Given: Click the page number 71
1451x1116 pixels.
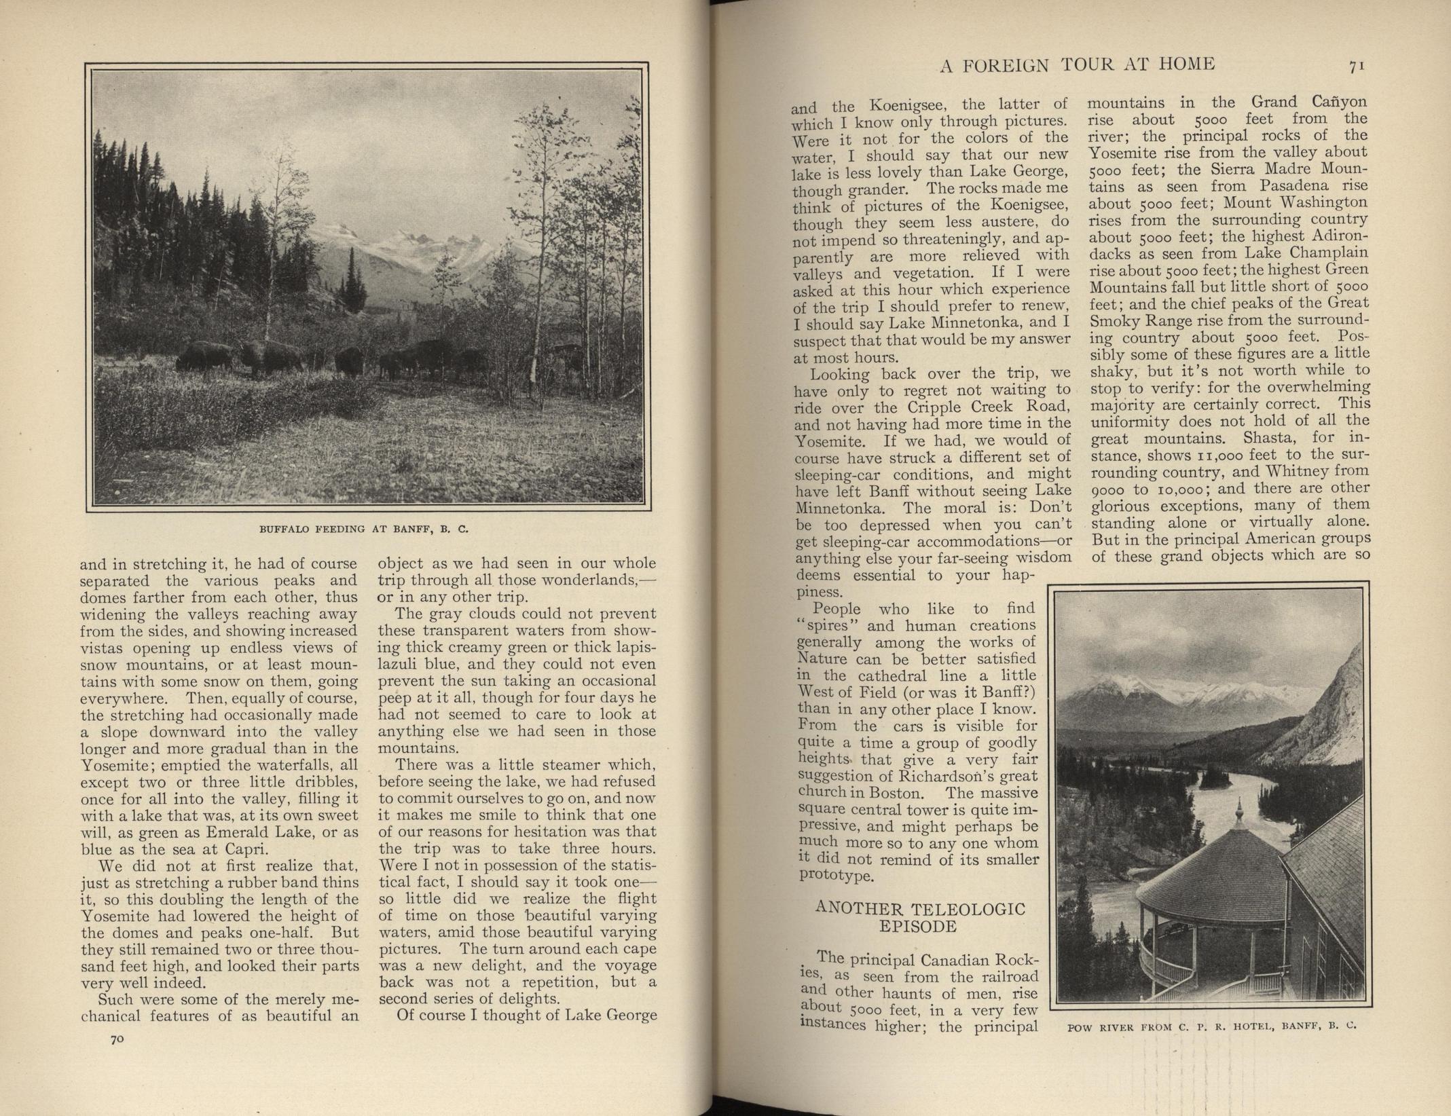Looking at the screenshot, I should tap(1357, 65).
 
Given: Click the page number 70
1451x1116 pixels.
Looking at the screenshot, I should tap(116, 1039).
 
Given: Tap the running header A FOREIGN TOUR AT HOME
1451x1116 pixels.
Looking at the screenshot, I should tap(1076, 64).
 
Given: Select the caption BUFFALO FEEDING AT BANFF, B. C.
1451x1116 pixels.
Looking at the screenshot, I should tap(365, 527).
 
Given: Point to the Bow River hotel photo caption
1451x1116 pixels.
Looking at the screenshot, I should tap(1211, 1026).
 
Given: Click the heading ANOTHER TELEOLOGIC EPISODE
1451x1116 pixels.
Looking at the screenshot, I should tap(920, 918).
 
